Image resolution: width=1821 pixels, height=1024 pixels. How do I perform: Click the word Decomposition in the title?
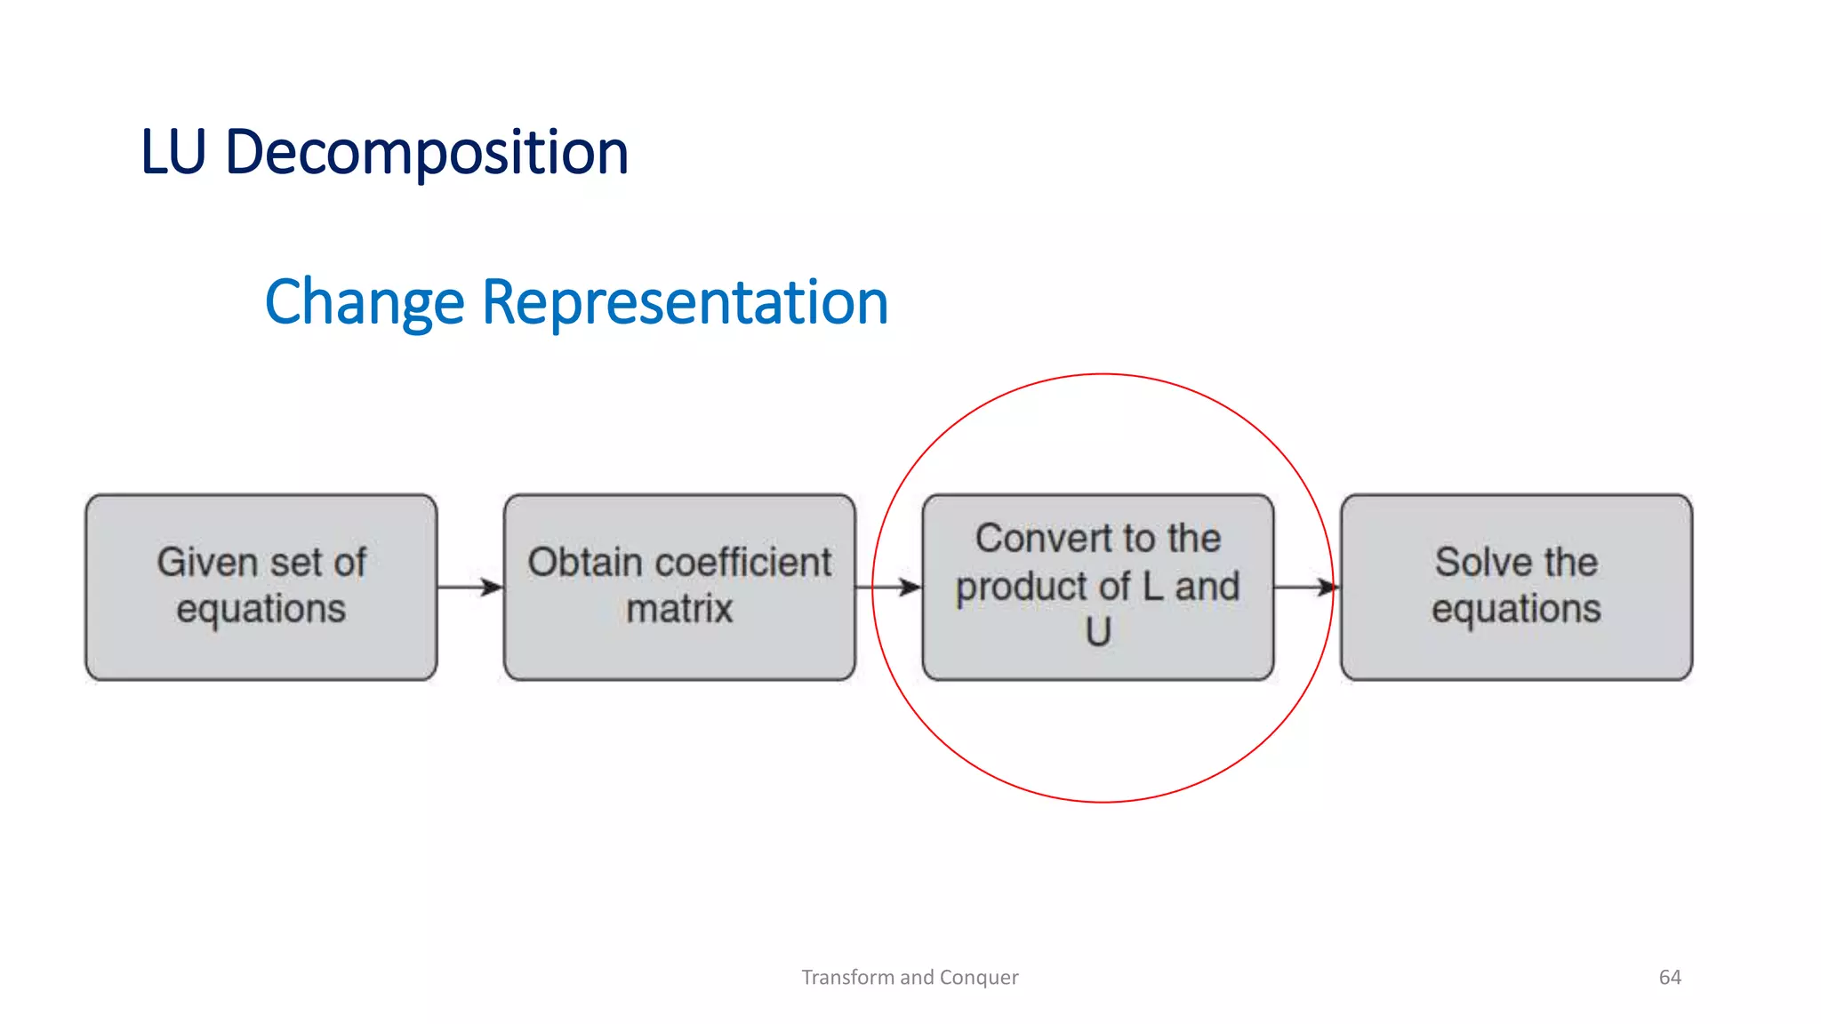click(427, 153)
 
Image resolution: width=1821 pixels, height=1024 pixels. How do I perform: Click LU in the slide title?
click(173, 153)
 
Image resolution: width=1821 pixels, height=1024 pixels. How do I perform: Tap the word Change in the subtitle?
click(365, 302)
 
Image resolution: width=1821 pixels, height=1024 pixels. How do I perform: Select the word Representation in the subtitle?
click(685, 302)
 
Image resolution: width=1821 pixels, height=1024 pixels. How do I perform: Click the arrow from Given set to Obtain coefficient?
click(470, 587)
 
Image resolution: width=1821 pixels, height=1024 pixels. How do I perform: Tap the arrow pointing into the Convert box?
click(888, 587)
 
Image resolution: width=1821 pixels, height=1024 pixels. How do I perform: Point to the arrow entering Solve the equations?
click(1307, 587)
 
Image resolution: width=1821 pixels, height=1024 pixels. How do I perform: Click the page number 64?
click(1670, 977)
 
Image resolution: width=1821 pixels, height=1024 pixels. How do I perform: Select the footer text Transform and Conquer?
click(910, 977)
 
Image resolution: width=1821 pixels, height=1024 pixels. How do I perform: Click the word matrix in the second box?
click(679, 610)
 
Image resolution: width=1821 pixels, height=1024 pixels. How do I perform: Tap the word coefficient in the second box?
click(738, 562)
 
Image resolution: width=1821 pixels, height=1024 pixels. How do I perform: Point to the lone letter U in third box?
click(1098, 632)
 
